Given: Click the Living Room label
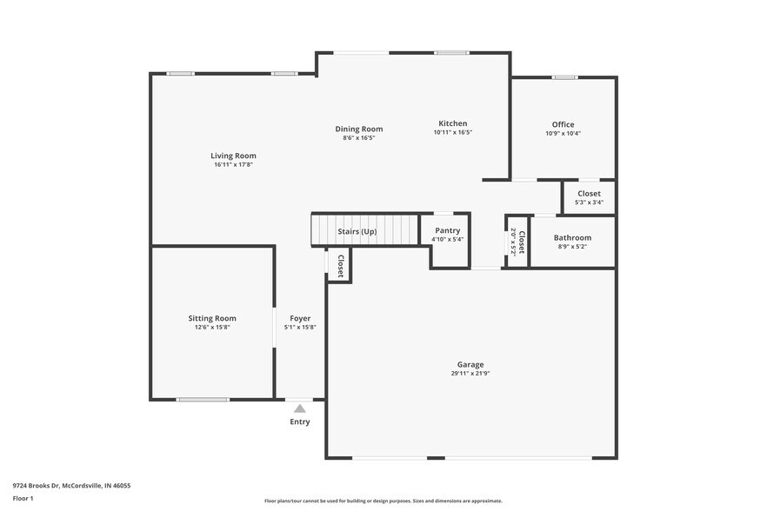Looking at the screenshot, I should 233,156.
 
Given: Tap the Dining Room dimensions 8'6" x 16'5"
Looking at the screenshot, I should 359,137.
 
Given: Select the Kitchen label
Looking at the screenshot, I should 452,123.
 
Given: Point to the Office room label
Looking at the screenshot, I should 563,124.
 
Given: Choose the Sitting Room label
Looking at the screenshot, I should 212,318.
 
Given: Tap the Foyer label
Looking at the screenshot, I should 300,318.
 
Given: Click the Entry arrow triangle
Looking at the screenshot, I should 299,408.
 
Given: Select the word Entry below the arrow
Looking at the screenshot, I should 299,422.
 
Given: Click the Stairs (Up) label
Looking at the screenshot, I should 357,231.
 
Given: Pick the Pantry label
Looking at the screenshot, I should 448,230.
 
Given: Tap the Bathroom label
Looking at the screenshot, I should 572,237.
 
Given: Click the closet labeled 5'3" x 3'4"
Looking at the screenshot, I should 589,197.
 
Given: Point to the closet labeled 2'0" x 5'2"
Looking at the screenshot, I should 517,241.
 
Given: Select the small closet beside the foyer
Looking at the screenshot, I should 340,265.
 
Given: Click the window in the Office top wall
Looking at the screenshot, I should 564,77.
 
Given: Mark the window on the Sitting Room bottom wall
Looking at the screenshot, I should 203,400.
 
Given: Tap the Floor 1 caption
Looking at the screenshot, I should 23,498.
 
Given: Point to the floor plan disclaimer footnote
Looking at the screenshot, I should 383,501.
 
